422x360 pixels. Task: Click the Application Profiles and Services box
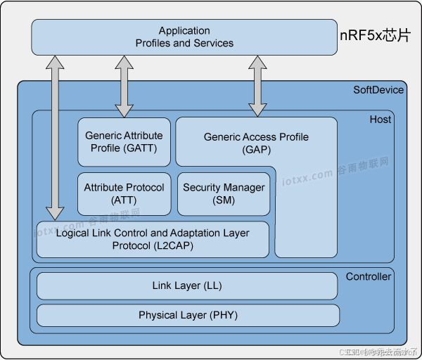pyautogui.click(x=184, y=37)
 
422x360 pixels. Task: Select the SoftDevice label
pyautogui.click(x=378, y=89)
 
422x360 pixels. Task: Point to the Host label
pyautogui.click(x=381, y=120)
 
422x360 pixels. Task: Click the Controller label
pyautogui.click(x=369, y=276)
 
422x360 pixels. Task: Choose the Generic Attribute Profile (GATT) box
pyautogui.click(x=124, y=142)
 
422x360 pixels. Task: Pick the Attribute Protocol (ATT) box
pyautogui.click(x=124, y=193)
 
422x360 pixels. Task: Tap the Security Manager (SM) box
pyautogui.click(x=224, y=193)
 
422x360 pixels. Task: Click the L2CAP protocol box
pyautogui.click(x=153, y=239)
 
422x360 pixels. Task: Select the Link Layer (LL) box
pyautogui.click(x=187, y=286)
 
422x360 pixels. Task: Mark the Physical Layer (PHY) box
pyautogui.click(x=187, y=315)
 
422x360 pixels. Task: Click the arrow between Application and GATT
pyautogui.click(x=124, y=86)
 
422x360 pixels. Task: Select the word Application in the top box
pyautogui.click(x=184, y=31)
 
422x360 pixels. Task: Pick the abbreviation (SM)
pyautogui.click(x=224, y=200)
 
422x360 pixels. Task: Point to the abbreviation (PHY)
pyautogui.click(x=219, y=315)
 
